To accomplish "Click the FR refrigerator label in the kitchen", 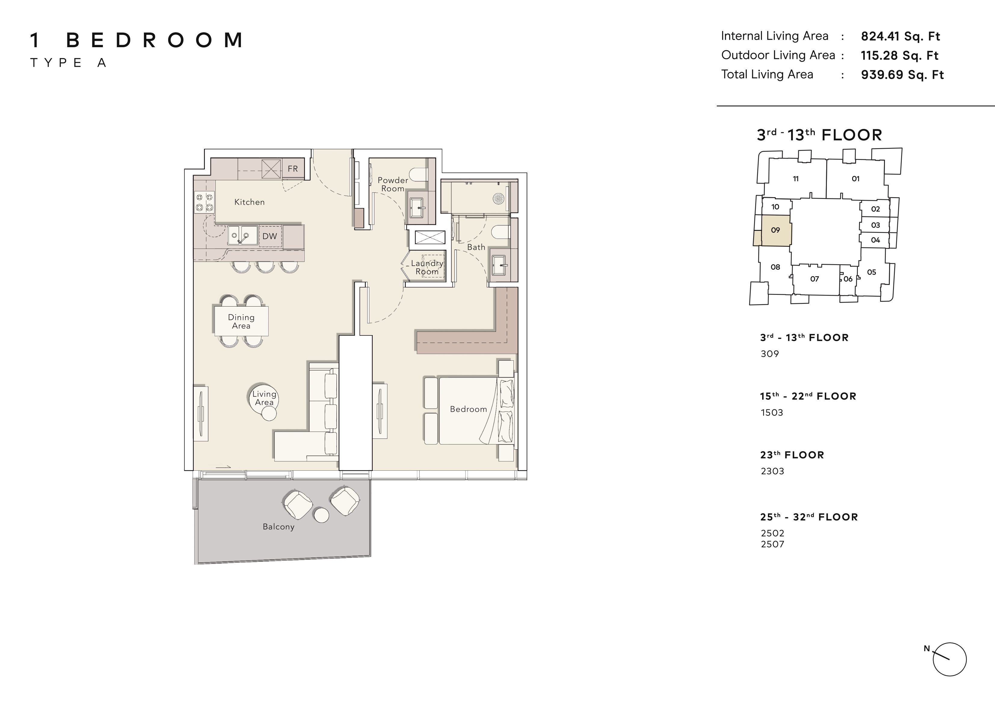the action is tap(293, 169).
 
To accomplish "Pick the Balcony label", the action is tap(279, 527).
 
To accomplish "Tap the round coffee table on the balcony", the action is tap(322, 515).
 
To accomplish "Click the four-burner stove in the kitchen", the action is tap(204, 203).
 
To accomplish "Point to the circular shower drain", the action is tap(498, 199).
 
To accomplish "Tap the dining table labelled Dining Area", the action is tap(241, 321).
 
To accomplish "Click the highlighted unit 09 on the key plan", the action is tap(776, 231).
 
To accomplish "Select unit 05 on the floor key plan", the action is tap(871, 272).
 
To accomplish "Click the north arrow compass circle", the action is tap(950, 659).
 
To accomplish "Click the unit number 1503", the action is tap(772, 412).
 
